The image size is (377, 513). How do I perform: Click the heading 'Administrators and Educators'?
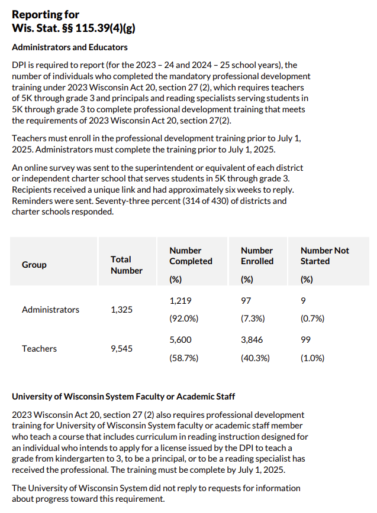point(69,47)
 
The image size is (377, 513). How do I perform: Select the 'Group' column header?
point(34,265)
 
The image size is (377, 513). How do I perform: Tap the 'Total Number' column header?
point(126,265)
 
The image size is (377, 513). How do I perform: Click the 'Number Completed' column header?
point(191,256)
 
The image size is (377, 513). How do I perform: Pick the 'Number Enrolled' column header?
point(257,256)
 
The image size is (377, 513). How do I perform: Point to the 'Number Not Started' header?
point(324,256)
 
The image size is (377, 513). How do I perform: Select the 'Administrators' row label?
point(50,310)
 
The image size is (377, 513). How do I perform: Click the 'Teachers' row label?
point(39,349)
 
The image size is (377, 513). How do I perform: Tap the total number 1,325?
point(123,310)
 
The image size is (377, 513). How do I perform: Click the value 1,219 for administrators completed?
point(181,301)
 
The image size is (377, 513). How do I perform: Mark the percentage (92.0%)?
point(184,319)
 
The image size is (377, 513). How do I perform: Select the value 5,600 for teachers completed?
point(181,340)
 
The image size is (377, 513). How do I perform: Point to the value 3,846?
point(252,340)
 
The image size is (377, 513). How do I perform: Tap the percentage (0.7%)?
point(312,319)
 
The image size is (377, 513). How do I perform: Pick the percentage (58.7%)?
point(184,358)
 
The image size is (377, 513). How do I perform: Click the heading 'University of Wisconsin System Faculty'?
point(123,397)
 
